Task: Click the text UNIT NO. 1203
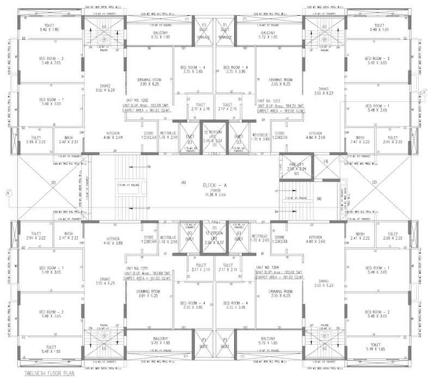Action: pyautogui.click(x=270, y=101)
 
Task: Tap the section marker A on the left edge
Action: pyautogui.click(x=8, y=192)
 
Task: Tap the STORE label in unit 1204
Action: pyautogui.click(x=280, y=237)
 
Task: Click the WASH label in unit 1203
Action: pyautogui.click(x=360, y=137)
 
